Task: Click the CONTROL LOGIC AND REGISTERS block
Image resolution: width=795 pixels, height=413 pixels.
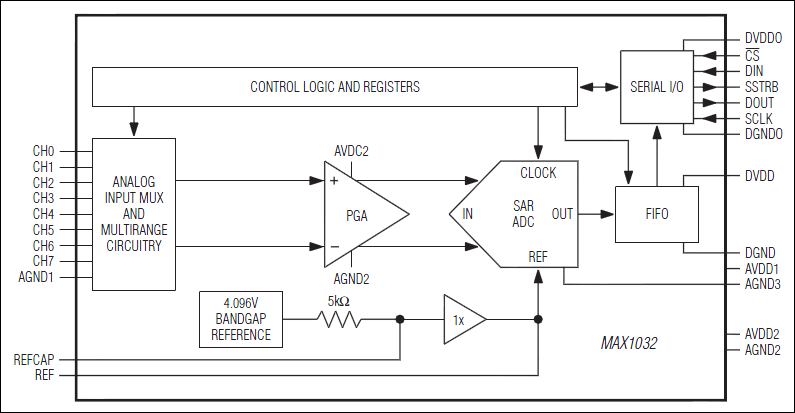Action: tap(334, 87)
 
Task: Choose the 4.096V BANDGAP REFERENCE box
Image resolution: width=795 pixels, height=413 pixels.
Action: tap(240, 320)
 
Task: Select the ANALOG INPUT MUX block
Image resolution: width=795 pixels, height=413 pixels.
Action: tap(133, 214)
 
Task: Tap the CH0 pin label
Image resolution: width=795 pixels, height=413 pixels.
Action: tap(43, 151)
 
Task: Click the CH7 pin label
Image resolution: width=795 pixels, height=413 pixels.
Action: tap(43, 262)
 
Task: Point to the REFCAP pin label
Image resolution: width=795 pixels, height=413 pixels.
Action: tap(35, 358)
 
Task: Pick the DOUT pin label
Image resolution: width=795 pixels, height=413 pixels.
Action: tap(759, 103)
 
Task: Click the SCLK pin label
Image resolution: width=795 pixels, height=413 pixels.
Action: tap(759, 119)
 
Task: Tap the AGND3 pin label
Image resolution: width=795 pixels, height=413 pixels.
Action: tap(763, 285)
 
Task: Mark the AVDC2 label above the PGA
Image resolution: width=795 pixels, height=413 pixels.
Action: tap(351, 152)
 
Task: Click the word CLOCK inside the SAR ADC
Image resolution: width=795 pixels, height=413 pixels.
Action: tap(538, 173)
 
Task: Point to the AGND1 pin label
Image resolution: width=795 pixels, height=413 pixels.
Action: tap(39, 278)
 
